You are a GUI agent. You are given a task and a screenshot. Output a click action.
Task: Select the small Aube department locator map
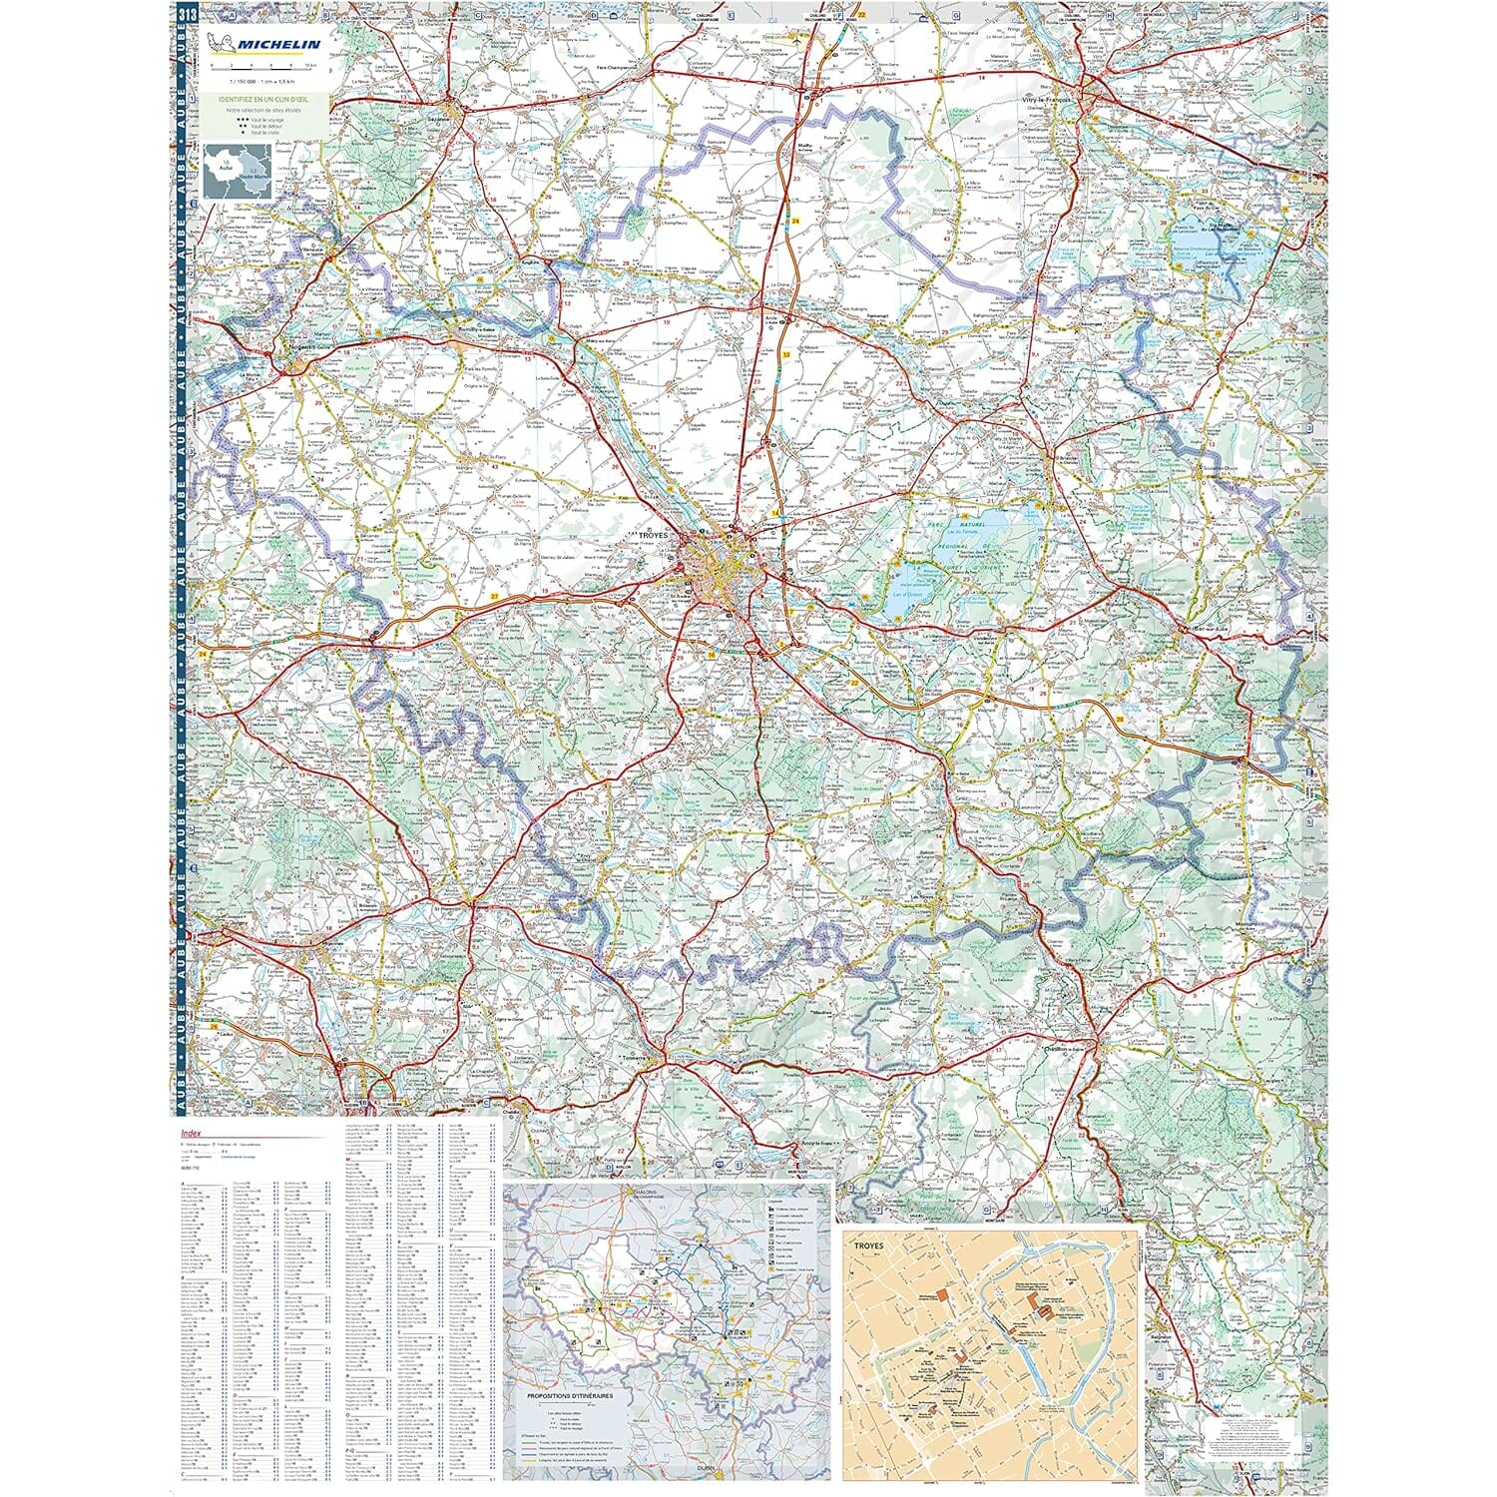point(238,172)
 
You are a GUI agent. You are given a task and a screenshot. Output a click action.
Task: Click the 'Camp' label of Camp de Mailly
point(855,166)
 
